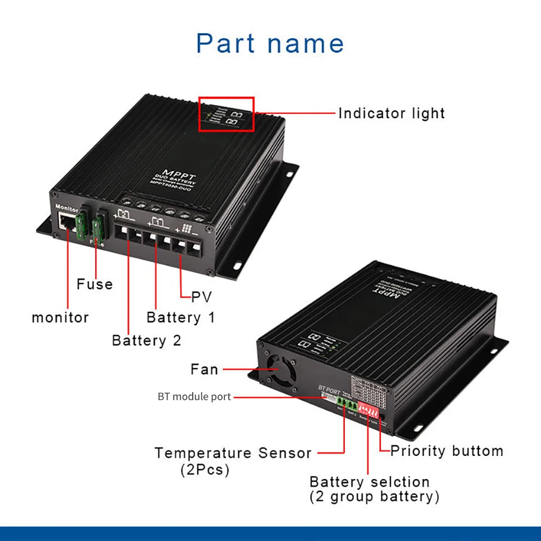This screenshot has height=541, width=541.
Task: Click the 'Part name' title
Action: [270, 43]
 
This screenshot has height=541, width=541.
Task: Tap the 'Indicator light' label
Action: [391, 113]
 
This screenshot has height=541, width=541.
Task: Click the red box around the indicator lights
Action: [226, 114]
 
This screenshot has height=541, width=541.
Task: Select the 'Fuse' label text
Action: [95, 284]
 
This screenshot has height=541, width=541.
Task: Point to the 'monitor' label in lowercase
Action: [60, 317]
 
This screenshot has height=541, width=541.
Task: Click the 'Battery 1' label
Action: [181, 317]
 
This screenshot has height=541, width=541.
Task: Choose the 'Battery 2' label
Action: [147, 340]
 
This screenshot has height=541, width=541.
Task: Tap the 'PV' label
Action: [202, 297]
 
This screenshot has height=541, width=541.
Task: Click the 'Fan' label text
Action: [204, 370]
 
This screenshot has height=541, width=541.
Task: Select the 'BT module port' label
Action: [194, 397]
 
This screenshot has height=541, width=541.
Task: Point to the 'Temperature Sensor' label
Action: [233, 453]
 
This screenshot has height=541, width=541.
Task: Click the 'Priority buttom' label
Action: [446, 451]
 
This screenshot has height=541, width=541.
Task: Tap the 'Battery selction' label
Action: [370, 482]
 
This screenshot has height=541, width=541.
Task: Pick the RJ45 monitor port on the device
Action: [66, 223]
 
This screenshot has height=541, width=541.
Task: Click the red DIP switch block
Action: [368, 407]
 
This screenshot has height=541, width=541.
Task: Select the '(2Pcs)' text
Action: [205, 469]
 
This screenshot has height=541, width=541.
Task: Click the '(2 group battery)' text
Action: [374, 496]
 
